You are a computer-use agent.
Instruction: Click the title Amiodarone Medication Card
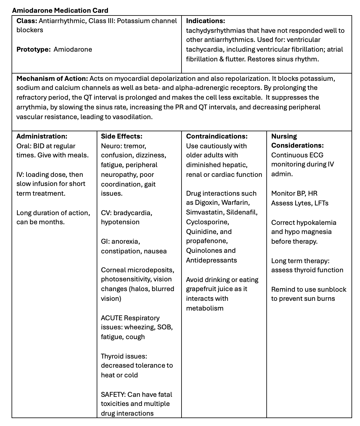60,11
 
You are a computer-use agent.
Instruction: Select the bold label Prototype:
33,50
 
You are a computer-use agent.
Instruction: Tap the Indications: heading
206,21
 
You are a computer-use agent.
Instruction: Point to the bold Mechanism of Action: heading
52,79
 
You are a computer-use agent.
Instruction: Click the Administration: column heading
42,136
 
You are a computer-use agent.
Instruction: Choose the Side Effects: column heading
122,136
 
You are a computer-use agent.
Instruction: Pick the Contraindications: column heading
217,136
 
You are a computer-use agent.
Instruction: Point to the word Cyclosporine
208,222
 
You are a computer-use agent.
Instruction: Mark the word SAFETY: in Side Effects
113,395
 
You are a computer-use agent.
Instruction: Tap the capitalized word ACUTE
112,318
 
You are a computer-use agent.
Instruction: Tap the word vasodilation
132,117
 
